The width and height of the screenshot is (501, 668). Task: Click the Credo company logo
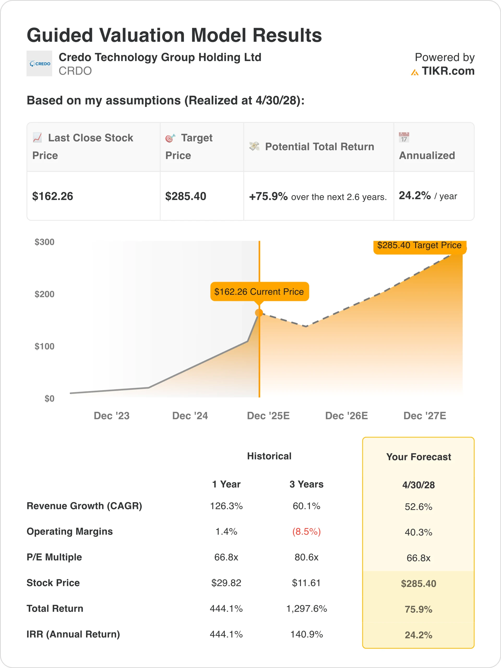pos(39,63)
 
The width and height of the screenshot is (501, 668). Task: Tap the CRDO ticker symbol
pos(75,71)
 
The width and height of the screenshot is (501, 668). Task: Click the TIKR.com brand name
pos(448,71)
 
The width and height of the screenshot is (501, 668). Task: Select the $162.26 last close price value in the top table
pos(52,196)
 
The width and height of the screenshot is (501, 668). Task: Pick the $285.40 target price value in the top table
pos(186,196)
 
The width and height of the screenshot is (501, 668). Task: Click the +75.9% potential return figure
pos(268,196)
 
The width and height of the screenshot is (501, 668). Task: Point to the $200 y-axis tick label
pos(44,294)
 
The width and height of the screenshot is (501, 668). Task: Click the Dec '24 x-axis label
pos(190,416)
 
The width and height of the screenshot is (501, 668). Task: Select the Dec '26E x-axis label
pos(346,416)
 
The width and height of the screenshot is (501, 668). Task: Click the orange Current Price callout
pos(259,291)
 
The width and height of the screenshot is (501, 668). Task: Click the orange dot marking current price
pos(259,313)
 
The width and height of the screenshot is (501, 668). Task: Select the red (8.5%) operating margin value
pos(306,532)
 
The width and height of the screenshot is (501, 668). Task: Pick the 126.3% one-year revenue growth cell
pos(226,506)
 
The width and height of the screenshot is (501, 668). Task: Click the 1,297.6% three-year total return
pos(306,609)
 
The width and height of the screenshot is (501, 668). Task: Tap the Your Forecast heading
pos(418,457)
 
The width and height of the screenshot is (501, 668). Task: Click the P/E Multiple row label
pos(54,557)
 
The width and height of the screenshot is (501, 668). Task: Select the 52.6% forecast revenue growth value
pos(418,507)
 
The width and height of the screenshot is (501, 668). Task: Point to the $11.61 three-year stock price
pos(306,583)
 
